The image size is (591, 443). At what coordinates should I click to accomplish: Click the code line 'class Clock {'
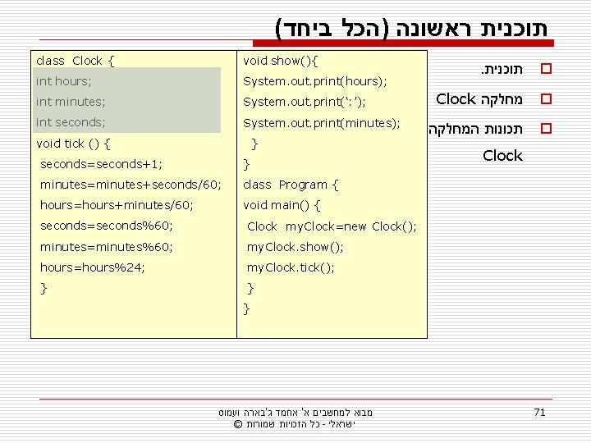tap(76, 61)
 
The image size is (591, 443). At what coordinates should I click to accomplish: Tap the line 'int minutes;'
tap(70, 103)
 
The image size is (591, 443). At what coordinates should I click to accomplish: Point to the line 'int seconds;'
tap(71, 123)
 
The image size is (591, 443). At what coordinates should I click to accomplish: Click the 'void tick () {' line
tap(75, 144)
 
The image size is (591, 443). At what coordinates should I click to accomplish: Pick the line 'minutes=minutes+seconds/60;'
tap(130, 185)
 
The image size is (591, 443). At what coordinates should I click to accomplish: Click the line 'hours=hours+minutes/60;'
tap(117, 205)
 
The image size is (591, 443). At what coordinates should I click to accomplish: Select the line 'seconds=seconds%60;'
tap(106, 226)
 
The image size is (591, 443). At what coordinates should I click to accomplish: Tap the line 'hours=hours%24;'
tap(92, 267)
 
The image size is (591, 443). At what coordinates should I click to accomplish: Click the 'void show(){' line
tap(281, 61)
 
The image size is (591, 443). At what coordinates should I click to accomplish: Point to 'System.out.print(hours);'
tap(315, 82)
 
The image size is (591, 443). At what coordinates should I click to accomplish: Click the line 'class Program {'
tap(291, 185)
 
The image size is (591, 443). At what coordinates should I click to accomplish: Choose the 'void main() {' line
tap(282, 205)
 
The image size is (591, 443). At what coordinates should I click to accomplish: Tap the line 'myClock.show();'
tap(295, 247)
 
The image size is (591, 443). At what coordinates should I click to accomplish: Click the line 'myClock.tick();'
tap(291, 267)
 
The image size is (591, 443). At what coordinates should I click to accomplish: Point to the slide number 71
tap(539, 412)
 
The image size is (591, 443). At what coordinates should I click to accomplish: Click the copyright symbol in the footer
tap(237, 423)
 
